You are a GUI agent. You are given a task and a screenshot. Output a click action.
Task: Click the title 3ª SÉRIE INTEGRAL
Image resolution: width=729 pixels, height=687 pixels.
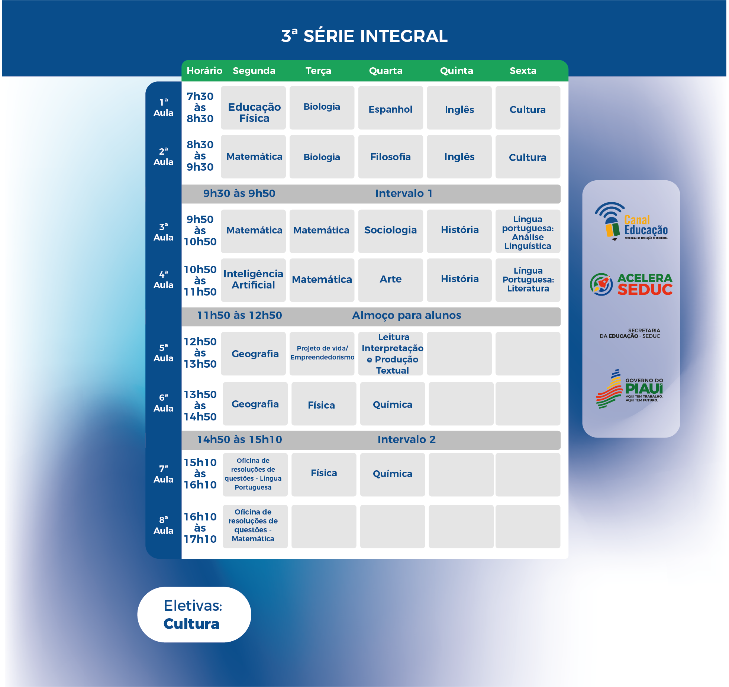tap(364, 36)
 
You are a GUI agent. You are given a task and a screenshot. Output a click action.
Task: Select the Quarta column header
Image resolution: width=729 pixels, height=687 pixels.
tap(386, 71)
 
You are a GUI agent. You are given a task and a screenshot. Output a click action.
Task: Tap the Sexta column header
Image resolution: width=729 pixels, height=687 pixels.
tap(523, 71)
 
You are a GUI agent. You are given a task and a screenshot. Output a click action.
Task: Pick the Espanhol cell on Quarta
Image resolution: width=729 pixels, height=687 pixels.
tap(390, 108)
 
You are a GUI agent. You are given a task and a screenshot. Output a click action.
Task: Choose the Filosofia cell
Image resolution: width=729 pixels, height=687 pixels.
tap(390, 157)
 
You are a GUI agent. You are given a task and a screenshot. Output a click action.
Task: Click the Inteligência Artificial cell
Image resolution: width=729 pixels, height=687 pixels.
tap(254, 280)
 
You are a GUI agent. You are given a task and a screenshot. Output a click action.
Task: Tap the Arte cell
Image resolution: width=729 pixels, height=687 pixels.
tap(390, 280)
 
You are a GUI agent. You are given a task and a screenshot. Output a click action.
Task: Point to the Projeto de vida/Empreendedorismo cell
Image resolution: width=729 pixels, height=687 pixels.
tap(322, 354)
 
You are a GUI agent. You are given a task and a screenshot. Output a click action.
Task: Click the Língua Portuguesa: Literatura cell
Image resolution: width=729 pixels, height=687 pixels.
tap(528, 280)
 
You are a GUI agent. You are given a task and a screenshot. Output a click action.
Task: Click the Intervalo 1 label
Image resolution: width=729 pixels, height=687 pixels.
tap(403, 193)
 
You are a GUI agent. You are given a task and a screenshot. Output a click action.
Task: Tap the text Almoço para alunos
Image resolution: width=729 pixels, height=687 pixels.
tap(406, 315)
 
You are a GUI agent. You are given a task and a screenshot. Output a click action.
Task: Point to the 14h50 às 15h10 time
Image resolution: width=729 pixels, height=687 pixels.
tap(239, 439)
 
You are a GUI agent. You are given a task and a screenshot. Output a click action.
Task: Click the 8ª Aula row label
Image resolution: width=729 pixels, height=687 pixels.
tap(164, 525)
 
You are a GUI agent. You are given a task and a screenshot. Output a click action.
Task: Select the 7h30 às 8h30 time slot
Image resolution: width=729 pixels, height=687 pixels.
tap(200, 107)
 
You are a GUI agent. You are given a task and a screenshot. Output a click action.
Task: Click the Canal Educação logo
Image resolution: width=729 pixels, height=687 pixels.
tap(631, 222)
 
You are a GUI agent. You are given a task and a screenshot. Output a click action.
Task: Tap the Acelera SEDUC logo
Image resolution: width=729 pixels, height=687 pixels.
tap(631, 284)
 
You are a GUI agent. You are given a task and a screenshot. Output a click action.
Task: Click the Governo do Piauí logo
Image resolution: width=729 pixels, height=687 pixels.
tap(630, 389)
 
